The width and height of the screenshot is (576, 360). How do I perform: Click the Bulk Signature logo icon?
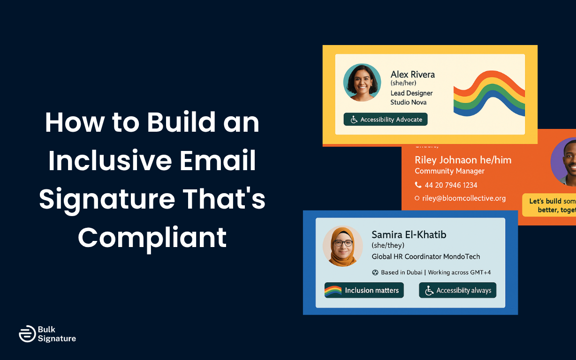coord(27,334)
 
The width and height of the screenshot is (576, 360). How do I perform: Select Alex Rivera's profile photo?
coord(362,82)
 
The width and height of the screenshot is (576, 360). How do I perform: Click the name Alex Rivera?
coord(412,74)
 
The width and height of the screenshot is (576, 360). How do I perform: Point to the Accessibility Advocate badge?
coord(386,120)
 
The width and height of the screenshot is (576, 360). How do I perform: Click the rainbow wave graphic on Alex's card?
coord(489,94)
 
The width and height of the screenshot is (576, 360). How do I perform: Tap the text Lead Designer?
coord(411,93)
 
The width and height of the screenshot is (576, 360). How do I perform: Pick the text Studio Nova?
coord(408,102)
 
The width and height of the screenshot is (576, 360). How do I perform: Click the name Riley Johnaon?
coord(445,160)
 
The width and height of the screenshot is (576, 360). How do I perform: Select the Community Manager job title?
coord(449,171)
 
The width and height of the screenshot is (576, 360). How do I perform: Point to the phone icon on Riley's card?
coord(418,185)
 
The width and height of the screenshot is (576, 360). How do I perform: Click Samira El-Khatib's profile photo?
coord(343,246)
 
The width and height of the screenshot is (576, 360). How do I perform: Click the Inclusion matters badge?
coord(364,290)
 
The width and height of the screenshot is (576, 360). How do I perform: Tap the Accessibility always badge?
coord(457,290)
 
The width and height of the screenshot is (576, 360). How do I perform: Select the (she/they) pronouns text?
coord(387,245)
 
